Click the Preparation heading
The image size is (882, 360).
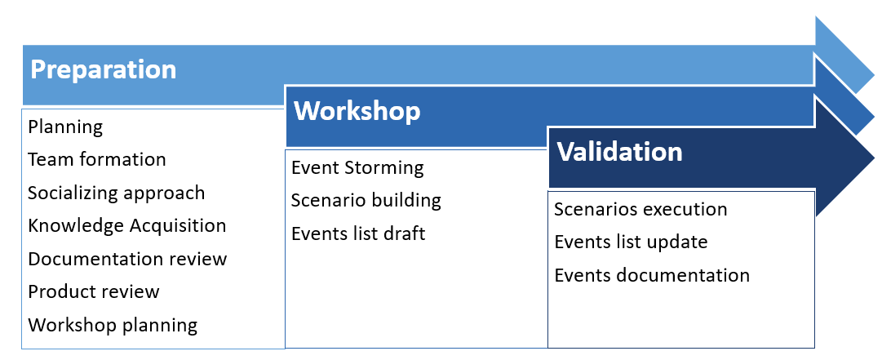(x=103, y=70)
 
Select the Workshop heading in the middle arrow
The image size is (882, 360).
(x=357, y=111)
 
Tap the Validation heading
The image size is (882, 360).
(x=619, y=152)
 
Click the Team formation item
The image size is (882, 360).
(x=97, y=159)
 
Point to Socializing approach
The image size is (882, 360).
(x=117, y=193)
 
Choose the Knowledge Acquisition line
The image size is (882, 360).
(x=127, y=225)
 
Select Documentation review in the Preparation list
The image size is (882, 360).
(x=127, y=259)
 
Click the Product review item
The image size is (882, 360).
(x=94, y=291)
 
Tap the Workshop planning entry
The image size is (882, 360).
(x=113, y=325)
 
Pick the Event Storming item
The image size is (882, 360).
(x=357, y=167)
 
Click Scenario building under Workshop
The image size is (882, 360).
(x=366, y=200)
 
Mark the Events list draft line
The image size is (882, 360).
(x=358, y=233)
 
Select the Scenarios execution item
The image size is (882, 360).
(x=640, y=209)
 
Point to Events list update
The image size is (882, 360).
(x=632, y=242)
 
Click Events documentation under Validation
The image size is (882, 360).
(x=652, y=275)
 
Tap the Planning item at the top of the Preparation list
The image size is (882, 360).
(x=65, y=127)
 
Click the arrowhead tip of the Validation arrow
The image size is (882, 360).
(x=875, y=156)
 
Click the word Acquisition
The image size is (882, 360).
(x=178, y=225)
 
